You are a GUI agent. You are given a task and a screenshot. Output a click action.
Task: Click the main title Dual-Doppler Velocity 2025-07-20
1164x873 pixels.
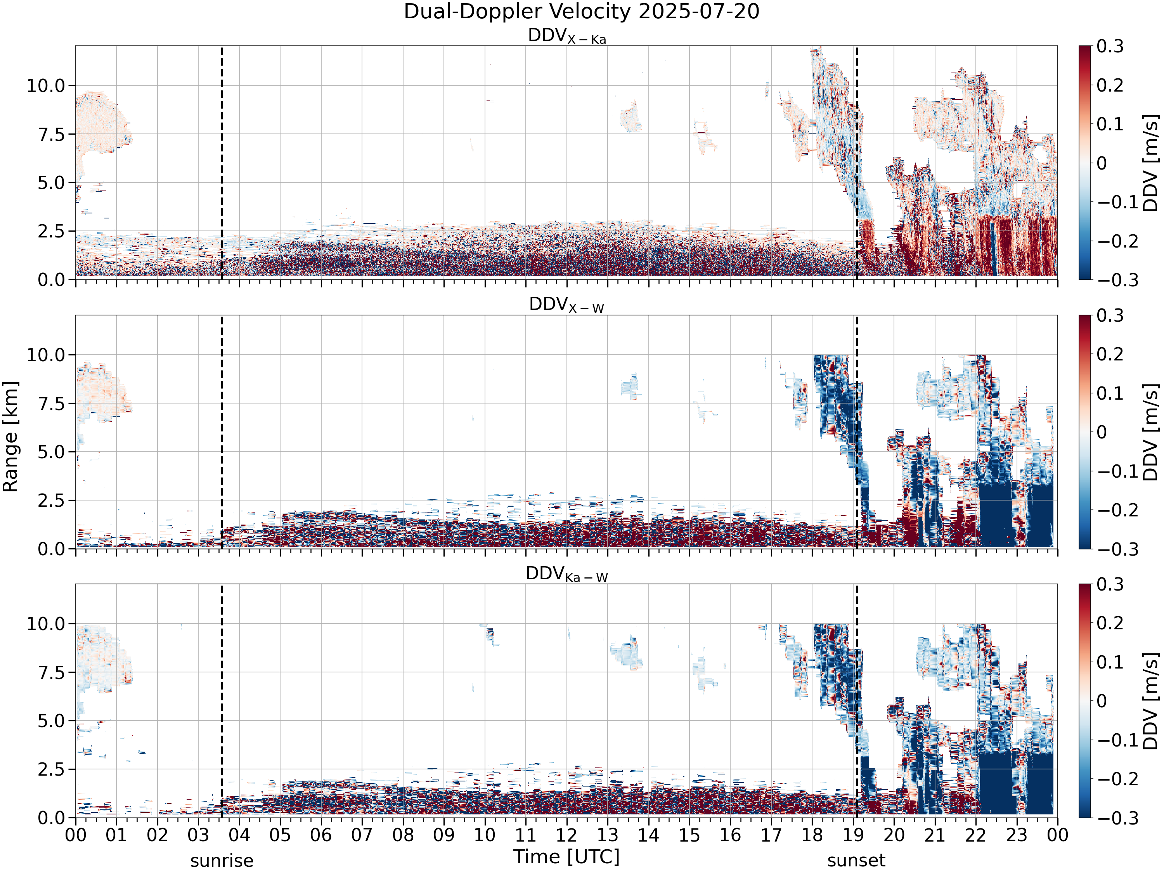582,12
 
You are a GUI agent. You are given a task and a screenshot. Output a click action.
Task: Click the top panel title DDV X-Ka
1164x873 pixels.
567,36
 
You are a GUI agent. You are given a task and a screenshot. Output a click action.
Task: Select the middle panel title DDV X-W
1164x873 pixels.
567,305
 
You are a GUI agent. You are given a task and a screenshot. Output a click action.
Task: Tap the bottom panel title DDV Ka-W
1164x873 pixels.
567,574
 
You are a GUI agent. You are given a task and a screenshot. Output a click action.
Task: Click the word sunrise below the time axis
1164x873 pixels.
222,861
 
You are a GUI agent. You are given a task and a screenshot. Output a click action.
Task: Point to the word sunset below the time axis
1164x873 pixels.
856,861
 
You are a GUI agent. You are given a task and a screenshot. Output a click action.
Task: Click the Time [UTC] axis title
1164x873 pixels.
567,857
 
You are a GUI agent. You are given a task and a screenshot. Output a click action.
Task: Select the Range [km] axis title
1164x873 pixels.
10,437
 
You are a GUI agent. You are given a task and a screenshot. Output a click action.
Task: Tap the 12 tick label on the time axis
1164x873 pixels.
567,835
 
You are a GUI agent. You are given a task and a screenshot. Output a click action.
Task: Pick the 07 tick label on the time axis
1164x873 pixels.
362,835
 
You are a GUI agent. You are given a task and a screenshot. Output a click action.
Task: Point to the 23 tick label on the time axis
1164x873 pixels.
1017,835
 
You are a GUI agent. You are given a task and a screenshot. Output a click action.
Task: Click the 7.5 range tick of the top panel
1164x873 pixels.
52,135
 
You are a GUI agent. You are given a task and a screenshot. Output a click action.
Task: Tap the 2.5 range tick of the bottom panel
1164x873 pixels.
52,770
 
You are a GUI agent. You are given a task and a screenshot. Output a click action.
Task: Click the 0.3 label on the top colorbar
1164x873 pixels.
1110,46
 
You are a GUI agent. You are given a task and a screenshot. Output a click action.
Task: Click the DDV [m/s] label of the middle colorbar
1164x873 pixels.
1151,432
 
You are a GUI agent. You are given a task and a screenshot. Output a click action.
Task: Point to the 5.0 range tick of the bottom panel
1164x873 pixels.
52,721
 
